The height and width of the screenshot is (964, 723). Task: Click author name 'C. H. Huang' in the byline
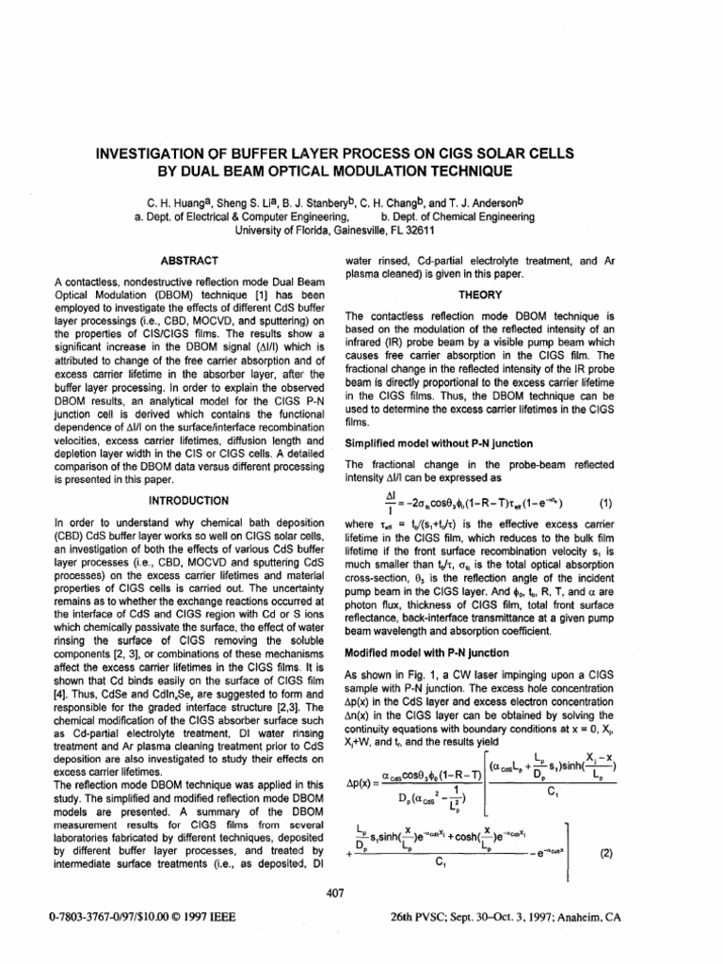click(x=177, y=201)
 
